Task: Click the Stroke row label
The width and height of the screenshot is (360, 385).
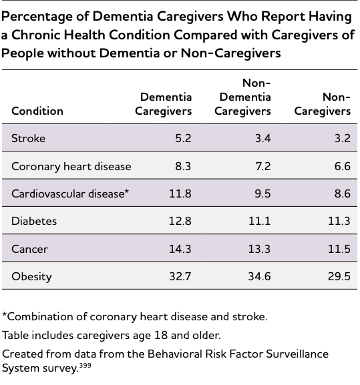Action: tap(28, 138)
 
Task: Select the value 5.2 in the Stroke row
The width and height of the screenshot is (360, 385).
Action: tap(183, 138)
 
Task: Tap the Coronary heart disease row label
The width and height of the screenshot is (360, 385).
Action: tap(71, 166)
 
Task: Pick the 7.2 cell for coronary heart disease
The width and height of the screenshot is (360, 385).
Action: tap(262, 166)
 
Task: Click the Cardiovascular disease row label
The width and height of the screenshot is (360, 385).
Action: tap(70, 194)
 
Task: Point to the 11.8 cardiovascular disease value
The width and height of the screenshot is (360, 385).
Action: tap(180, 194)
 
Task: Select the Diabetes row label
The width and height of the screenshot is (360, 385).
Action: tap(34, 221)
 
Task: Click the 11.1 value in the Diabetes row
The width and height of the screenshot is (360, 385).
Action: tap(260, 221)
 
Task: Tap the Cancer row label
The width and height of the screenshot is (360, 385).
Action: tap(29, 249)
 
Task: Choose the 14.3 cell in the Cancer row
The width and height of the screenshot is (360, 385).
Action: tap(180, 249)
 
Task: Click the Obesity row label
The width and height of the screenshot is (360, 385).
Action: tap(31, 277)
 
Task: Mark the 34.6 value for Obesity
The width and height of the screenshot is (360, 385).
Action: tap(260, 276)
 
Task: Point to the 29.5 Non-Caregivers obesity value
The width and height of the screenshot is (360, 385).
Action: tap(339, 276)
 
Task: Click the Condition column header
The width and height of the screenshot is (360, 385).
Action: tap(37, 111)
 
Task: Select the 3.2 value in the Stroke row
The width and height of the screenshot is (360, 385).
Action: tap(343, 138)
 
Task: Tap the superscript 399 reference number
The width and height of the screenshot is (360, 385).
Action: tap(85, 366)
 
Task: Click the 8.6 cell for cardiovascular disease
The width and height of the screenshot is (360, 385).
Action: tap(343, 194)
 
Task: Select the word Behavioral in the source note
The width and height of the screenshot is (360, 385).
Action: tap(175, 354)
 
